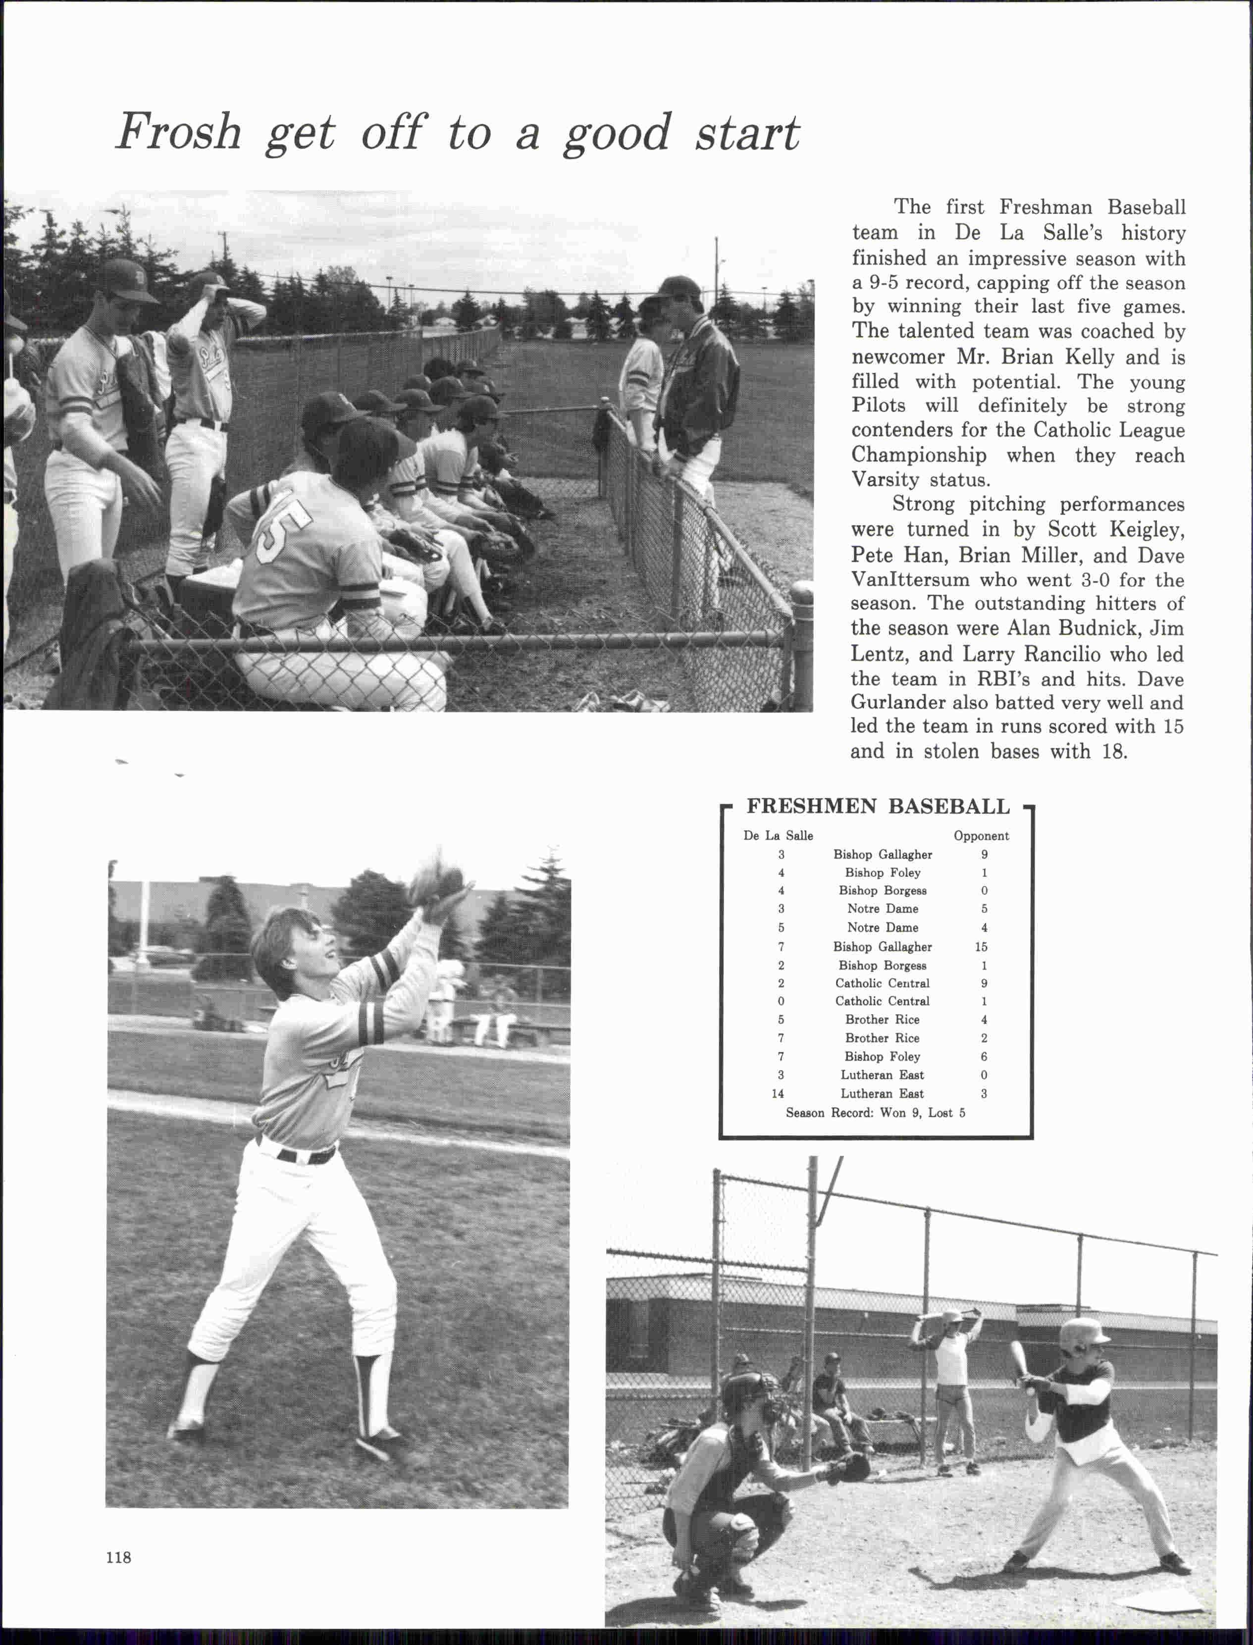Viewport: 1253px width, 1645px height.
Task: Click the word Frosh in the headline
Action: point(179,133)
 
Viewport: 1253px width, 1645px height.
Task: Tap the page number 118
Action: point(118,1557)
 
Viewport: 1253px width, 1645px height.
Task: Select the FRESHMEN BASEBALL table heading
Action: point(878,807)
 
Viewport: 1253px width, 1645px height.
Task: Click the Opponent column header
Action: point(981,836)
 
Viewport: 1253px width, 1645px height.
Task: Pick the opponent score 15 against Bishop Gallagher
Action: point(981,946)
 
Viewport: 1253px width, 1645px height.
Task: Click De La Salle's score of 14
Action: point(778,1093)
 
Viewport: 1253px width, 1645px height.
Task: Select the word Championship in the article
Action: point(919,455)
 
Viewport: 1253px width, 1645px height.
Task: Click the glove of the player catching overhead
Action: point(436,878)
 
